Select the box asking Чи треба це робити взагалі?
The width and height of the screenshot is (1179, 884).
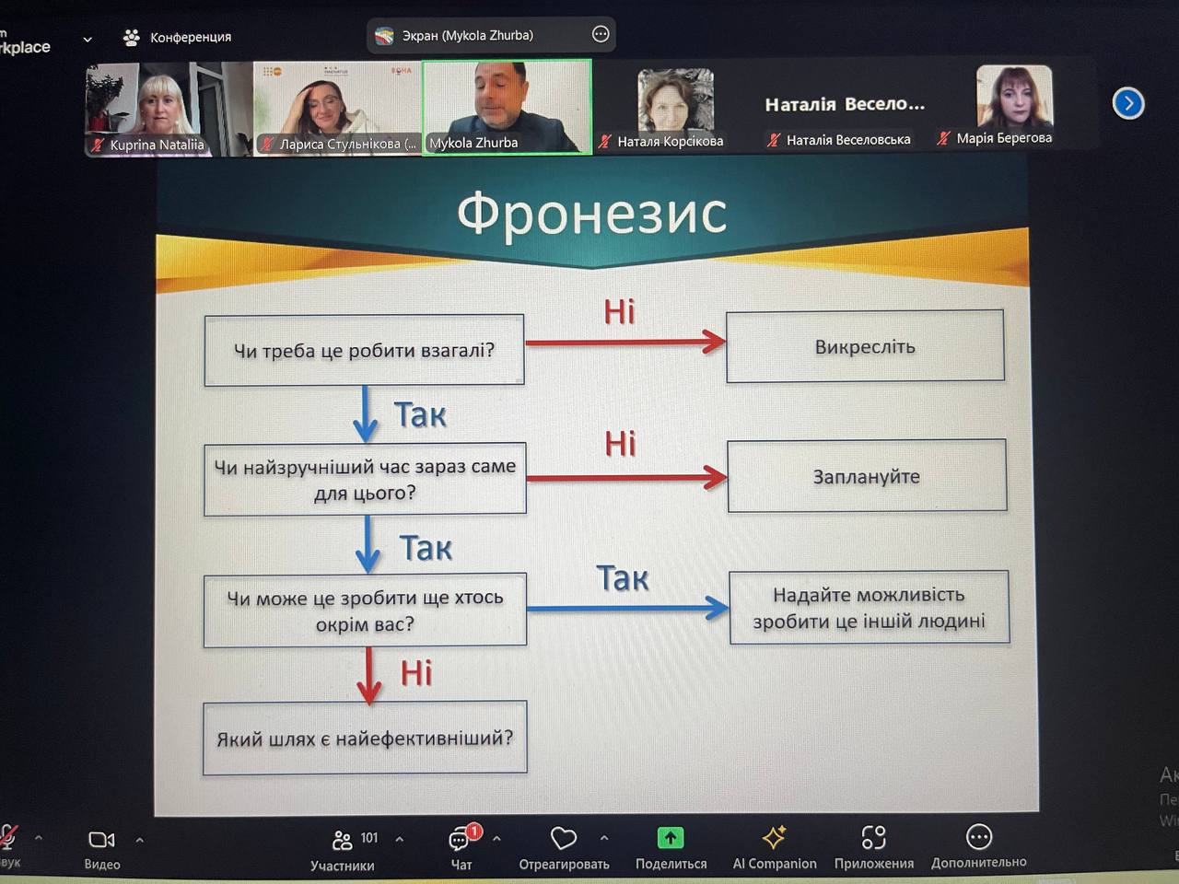[364, 350]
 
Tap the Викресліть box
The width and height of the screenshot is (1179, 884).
[865, 346]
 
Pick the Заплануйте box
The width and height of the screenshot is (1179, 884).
[867, 476]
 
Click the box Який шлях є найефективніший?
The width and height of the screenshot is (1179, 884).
[365, 738]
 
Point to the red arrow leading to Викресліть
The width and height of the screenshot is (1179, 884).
[625, 342]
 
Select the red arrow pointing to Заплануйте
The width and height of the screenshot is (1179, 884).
[627, 477]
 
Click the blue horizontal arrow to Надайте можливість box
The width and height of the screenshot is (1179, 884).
[627, 608]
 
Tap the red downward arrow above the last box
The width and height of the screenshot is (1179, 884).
[368, 676]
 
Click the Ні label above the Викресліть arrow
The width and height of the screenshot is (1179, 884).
[619, 311]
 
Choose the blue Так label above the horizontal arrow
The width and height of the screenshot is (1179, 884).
[622, 578]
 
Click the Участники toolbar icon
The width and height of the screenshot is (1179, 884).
[342, 841]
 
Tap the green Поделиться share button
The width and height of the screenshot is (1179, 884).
[671, 838]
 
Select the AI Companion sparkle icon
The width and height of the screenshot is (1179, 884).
[774, 837]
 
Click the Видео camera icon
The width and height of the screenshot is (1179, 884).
[101, 840]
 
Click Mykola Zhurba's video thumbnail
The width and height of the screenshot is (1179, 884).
[507, 107]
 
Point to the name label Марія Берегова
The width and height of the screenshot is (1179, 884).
[1004, 138]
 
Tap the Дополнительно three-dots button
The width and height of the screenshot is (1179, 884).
[978, 837]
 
